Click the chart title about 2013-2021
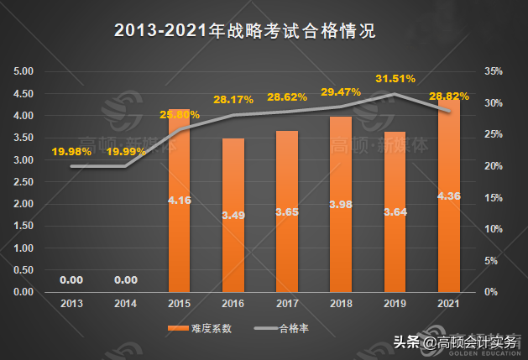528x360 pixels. tap(243, 32)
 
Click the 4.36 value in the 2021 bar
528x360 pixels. tap(448, 196)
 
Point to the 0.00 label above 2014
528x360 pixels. tap(125, 280)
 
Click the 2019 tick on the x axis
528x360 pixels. tap(395, 303)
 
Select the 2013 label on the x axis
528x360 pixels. tap(71, 303)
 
